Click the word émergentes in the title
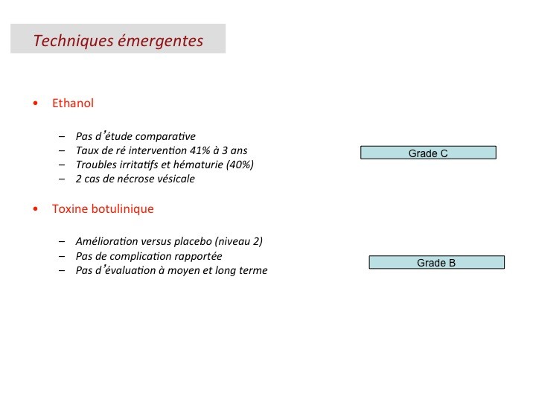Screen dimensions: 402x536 pyautogui.click(x=160, y=41)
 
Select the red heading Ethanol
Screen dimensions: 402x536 pyautogui.click(x=73, y=103)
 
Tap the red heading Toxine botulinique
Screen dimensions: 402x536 pyautogui.click(x=103, y=208)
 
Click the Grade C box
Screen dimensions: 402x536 pyautogui.click(x=428, y=153)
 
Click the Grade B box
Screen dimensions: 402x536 pyautogui.click(x=436, y=262)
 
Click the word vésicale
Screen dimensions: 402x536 pyautogui.click(x=175, y=179)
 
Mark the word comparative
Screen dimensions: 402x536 pyautogui.click(x=167, y=136)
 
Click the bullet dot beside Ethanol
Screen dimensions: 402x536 pyautogui.click(x=36, y=104)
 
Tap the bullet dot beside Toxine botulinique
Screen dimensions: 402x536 pyautogui.click(x=36, y=209)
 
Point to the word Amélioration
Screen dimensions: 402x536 pyautogui.click(x=104, y=241)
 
